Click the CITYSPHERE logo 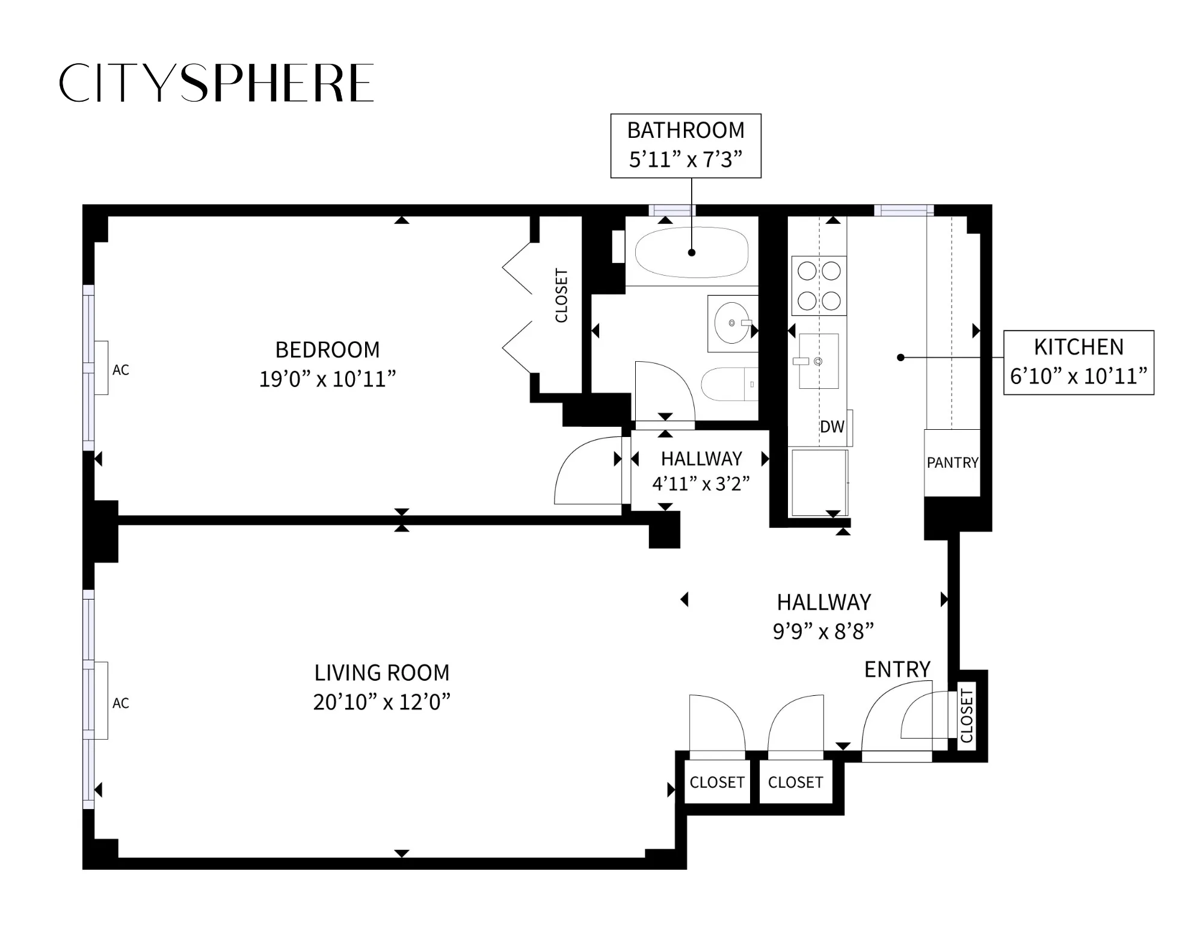[x=217, y=82]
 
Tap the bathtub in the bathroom [x=691, y=252]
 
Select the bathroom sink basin [x=732, y=323]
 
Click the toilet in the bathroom [x=725, y=384]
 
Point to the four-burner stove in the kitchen [x=819, y=286]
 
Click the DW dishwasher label [x=832, y=427]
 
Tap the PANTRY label [x=952, y=462]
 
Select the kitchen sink [x=818, y=361]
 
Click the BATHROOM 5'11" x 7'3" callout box [x=686, y=146]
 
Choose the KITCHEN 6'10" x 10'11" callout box [x=1078, y=362]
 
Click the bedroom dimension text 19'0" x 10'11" [x=327, y=379]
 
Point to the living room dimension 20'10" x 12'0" [x=381, y=702]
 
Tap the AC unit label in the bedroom [x=120, y=370]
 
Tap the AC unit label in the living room [x=120, y=703]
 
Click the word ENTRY [x=897, y=669]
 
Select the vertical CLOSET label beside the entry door [x=967, y=716]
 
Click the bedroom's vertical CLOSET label [x=561, y=296]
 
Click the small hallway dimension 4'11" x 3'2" [x=701, y=483]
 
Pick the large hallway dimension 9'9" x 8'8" [x=823, y=631]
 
